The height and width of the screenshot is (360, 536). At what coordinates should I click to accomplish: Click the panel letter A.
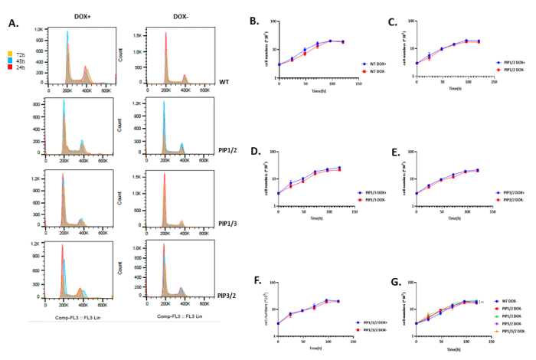tap(13, 24)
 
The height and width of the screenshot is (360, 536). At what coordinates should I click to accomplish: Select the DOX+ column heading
tap(83, 16)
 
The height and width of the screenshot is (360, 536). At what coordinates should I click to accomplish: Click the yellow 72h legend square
tap(8, 54)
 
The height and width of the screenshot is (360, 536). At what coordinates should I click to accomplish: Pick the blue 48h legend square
tap(8, 61)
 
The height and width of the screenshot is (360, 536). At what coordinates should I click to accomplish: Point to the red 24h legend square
tap(8, 67)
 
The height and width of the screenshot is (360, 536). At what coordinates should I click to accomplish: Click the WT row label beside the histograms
tap(224, 81)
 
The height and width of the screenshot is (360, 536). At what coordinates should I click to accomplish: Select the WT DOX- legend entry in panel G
tap(509, 301)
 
